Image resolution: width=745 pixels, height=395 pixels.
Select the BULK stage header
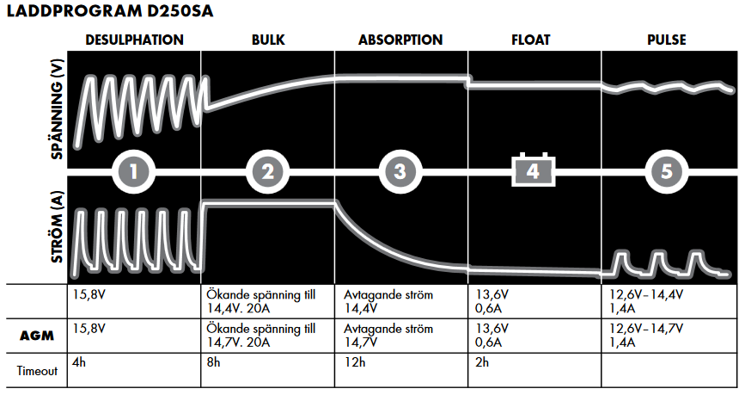point(268,40)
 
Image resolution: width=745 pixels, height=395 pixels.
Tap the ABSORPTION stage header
point(400,40)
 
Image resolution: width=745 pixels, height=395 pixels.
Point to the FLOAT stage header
point(534,40)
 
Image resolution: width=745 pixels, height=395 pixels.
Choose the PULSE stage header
point(667,40)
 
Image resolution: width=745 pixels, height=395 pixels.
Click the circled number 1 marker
point(135,171)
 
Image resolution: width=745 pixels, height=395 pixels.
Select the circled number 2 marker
point(268,171)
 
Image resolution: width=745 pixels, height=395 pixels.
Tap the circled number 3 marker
point(400,171)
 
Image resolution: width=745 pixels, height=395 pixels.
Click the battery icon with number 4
point(534,170)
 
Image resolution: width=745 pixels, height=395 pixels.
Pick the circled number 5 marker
point(667,171)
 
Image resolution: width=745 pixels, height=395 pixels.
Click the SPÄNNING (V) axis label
point(58,108)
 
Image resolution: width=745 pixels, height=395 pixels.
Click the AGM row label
point(37,336)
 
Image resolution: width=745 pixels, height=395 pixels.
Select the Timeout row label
point(37,371)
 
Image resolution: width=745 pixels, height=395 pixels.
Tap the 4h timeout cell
point(80,363)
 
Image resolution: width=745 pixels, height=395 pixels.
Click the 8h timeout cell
point(212,363)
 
